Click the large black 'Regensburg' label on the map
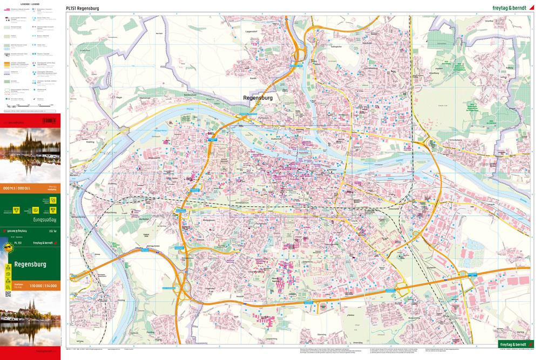pos(258,98)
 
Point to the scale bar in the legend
pos(30,106)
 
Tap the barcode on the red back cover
pos(49,120)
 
